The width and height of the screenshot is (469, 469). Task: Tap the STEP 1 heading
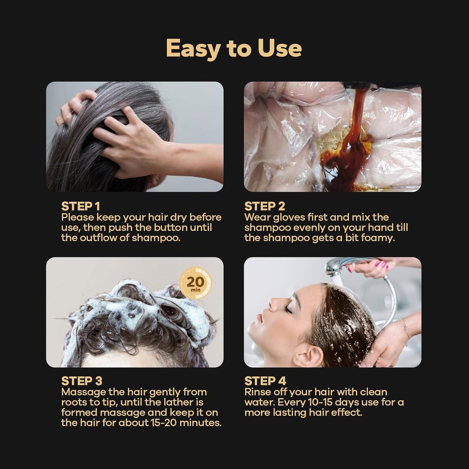[x=80, y=206]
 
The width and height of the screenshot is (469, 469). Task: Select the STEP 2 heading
[x=265, y=206]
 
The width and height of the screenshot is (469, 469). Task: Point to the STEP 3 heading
[x=81, y=381]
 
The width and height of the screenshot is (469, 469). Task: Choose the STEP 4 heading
[x=265, y=381]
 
